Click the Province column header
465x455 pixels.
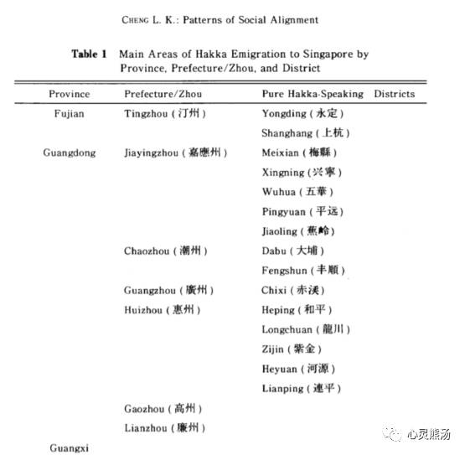tap(69, 94)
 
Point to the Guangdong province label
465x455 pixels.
tap(70, 153)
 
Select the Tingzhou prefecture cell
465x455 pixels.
tap(164, 113)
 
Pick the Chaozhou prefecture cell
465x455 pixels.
tap(165, 251)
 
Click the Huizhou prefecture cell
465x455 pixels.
tap(163, 309)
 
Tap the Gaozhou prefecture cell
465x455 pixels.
tap(163, 408)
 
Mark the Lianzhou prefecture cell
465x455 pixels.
tap(163, 427)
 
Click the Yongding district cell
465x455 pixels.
tap(302, 113)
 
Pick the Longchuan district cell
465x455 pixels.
tap(306, 329)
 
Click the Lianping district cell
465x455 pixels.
tap(302, 389)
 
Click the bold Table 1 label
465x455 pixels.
tap(90, 54)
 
